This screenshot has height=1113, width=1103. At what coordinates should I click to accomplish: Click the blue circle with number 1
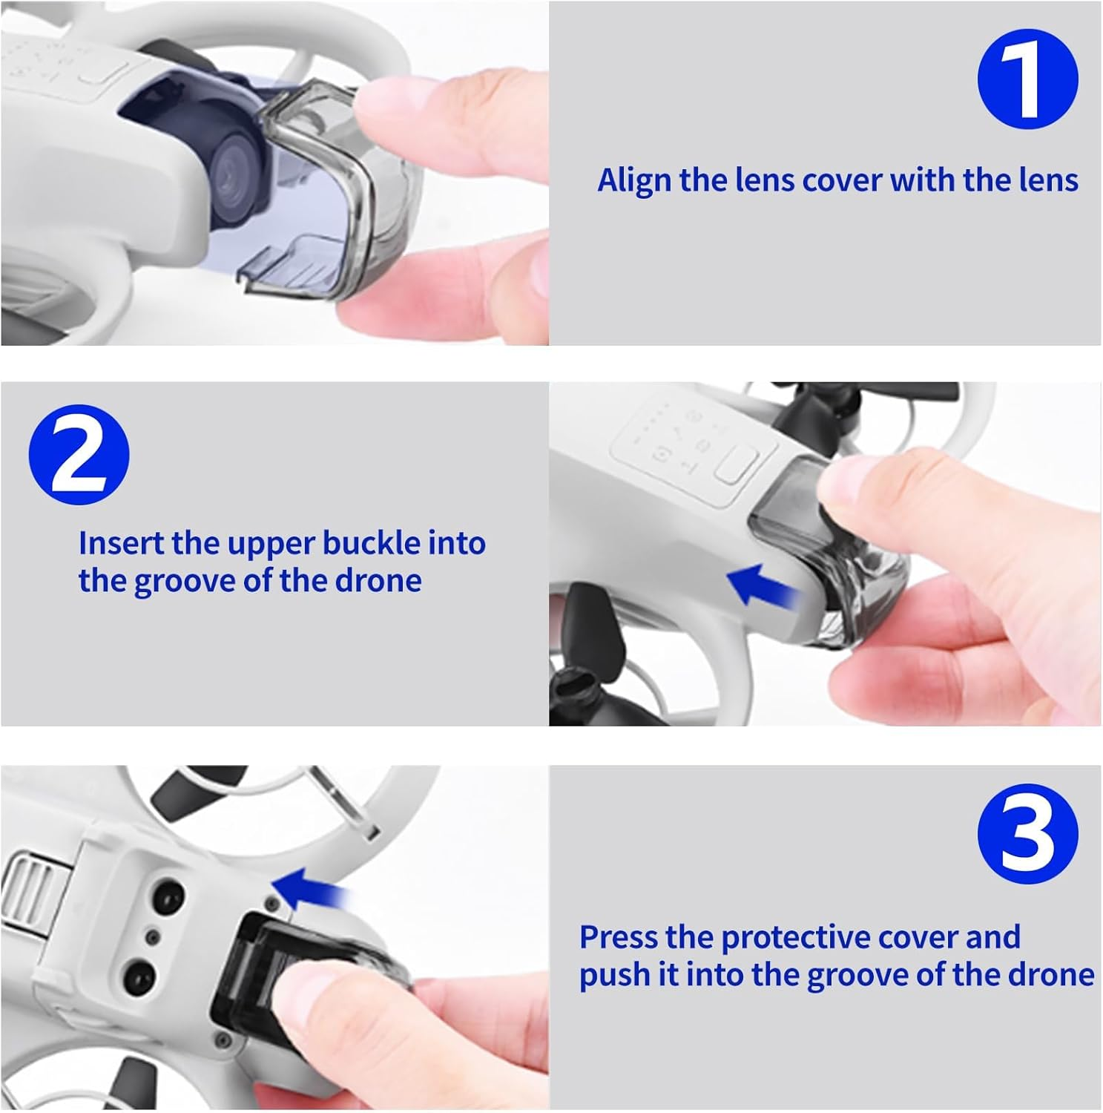(x=1027, y=79)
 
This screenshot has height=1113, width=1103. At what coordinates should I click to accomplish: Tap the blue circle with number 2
(x=79, y=455)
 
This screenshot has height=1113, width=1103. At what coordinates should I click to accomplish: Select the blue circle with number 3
(x=1027, y=833)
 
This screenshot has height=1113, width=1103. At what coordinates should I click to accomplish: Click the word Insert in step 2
(x=122, y=543)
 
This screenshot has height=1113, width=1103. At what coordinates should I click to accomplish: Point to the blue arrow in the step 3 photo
(x=310, y=888)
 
